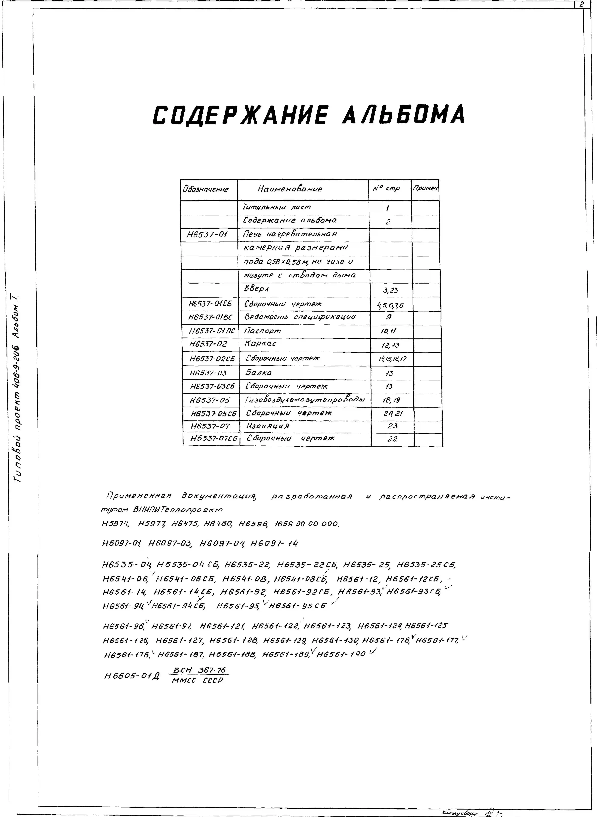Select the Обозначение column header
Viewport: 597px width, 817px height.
tap(206, 189)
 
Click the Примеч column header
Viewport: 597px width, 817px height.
tap(425, 188)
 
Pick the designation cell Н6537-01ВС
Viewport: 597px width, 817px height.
tap(210, 317)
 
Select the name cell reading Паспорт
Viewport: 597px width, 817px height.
tap(262, 331)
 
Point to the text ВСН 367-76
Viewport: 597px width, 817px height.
tap(199, 670)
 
